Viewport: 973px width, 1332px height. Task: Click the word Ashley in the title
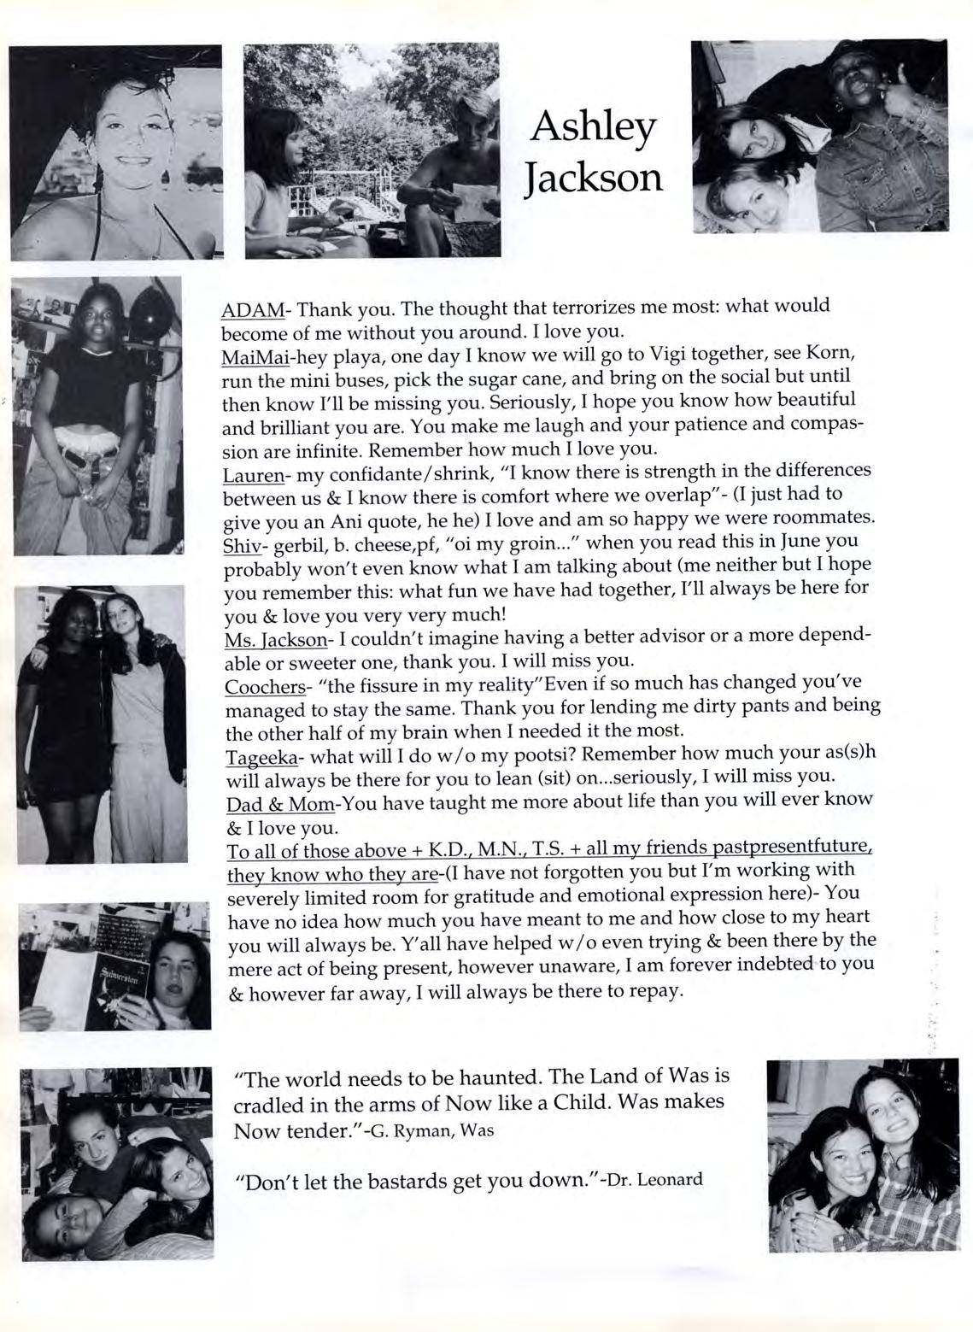coord(594,128)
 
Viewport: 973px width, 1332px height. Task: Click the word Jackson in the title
coord(594,178)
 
